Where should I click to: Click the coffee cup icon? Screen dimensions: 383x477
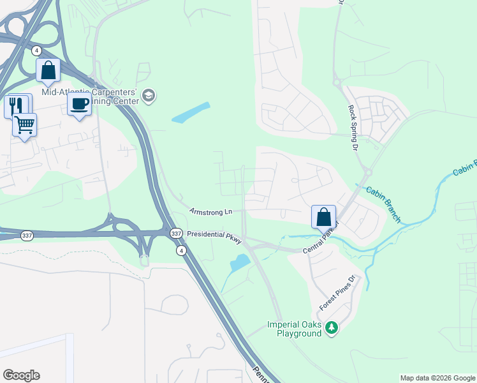click(x=79, y=104)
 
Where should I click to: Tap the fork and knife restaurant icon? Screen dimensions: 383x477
click(x=16, y=105)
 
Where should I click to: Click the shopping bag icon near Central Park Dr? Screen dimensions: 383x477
click(x=323, y=216)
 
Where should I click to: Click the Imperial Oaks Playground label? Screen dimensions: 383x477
click(x=295, y=329)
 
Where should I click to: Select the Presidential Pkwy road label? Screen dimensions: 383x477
click(x=214, y=235)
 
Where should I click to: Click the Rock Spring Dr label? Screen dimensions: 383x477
click(x=351, y=128)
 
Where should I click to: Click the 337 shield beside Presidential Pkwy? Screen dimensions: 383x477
click(x=176, y=234)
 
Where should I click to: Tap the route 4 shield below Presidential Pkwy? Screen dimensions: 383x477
click(x=182, y=250)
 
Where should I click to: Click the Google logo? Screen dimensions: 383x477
click(x=21, y=375)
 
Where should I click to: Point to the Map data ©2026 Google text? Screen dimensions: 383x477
click(x=437, y=378)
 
